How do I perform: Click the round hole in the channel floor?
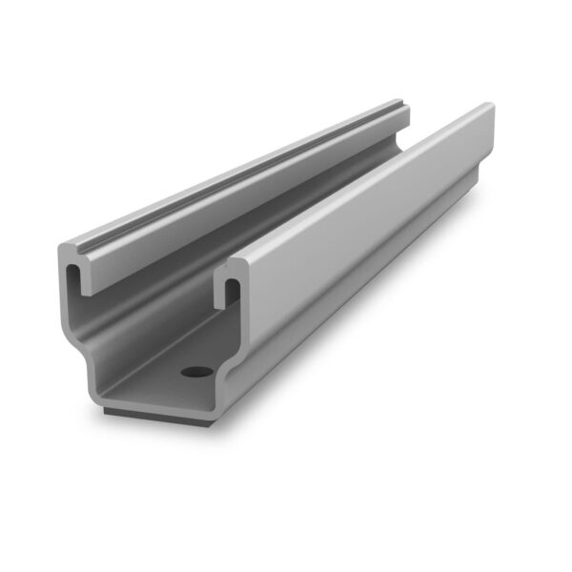click(197, 369)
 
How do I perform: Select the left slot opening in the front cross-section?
click(73, 282)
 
